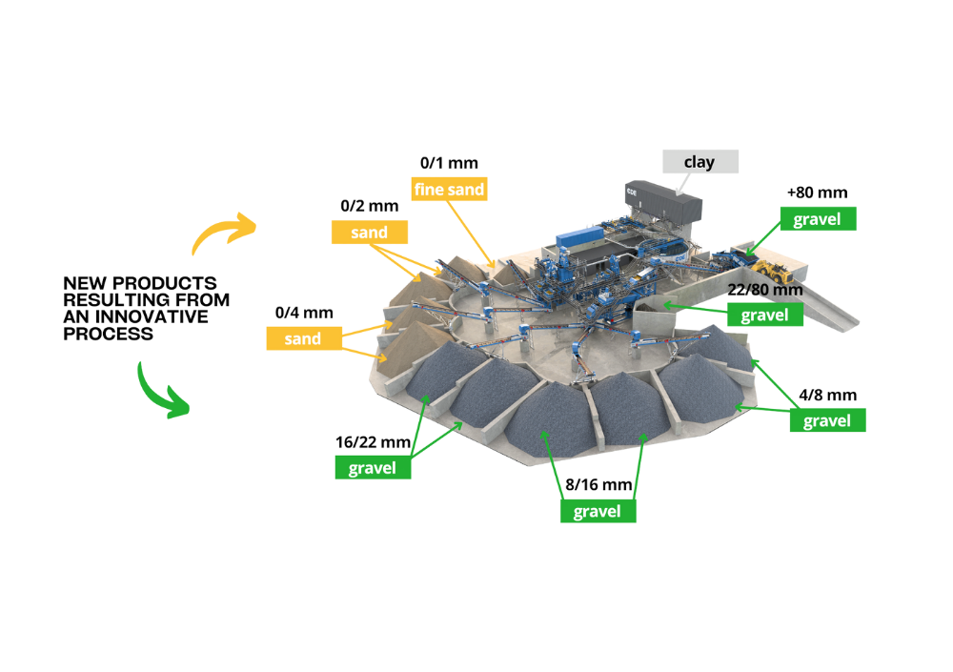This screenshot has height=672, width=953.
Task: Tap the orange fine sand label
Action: pos(451,189)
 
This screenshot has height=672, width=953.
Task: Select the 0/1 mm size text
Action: pos(450,163)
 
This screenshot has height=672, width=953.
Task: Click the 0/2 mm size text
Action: pos(370,206)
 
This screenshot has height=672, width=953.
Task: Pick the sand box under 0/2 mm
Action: pos(370,232)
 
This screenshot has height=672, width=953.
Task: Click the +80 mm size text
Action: pos(817,193)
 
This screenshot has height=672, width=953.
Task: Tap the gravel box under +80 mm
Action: pos(817,219)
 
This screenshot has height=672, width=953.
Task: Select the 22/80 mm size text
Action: pos(764,289)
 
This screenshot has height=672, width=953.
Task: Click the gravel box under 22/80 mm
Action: pos(764,314)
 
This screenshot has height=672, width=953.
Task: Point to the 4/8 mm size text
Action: pos(827,395)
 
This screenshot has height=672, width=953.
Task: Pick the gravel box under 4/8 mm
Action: pos(827,420)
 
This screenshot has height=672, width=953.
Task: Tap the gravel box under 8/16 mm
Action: pos(598,511)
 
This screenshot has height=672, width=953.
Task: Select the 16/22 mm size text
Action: pos(373,442)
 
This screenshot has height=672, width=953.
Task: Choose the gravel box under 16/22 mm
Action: pos(373,468)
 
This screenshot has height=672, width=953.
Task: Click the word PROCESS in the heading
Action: pos(109,336)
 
